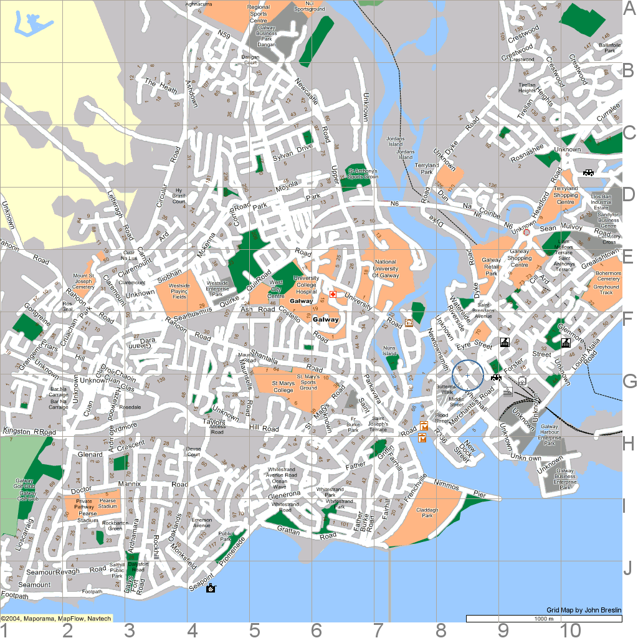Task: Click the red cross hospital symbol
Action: tap(333, 293)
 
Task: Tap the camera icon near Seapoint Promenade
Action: tap(211, 588)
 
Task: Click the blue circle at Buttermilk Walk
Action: tap(467, 375)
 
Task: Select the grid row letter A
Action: tap(629, 8)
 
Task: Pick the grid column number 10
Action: tap(571, 629)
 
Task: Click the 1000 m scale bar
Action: tap(543, 619)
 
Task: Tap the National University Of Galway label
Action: tap(385, 269)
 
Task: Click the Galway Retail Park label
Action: tap(491, 267)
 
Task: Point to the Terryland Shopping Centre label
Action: tap(566, 195)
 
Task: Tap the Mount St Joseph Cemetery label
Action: tap(83, 281)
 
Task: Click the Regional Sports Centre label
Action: tap(259, 14)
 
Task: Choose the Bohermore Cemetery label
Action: tap(607, 276)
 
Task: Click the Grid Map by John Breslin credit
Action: tap(583, 609)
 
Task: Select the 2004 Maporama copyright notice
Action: tap(56, 619)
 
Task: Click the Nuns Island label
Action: tap(389, 351)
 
